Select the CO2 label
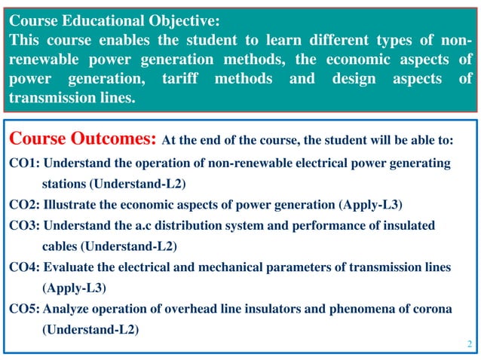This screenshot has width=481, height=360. pyautogui.click(x=24, y=205)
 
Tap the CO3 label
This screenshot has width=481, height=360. pyautogui.click(x=24, y=225)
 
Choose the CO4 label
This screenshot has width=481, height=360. pyautogui.click(x=24, y=267)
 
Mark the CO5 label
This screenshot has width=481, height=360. pyautogui.click(x=24, y=309)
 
